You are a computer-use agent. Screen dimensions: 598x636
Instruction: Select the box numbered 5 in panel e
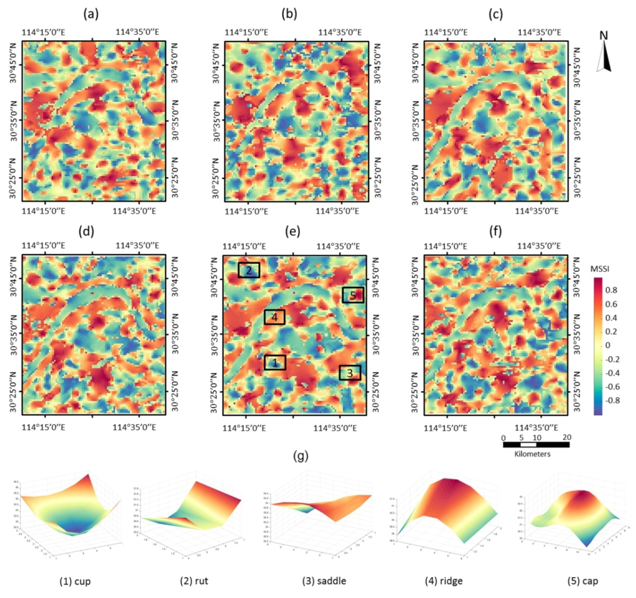tap(353, 295)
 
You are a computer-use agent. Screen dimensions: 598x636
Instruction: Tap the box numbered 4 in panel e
tap(275, 317)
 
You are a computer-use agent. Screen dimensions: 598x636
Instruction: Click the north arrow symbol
tap(604, 54)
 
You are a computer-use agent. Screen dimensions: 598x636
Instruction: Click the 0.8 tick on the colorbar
tap(611, 290)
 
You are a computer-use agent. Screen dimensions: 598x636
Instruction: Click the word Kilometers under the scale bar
tap(532, 454)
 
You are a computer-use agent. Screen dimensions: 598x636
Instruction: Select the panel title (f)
tap(496, 231)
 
